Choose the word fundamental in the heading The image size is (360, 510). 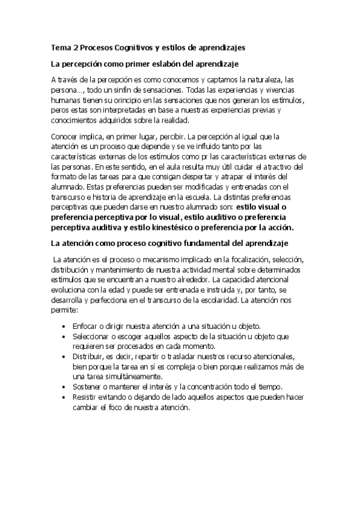(212, 243)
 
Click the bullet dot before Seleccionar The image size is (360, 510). (64, 336)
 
